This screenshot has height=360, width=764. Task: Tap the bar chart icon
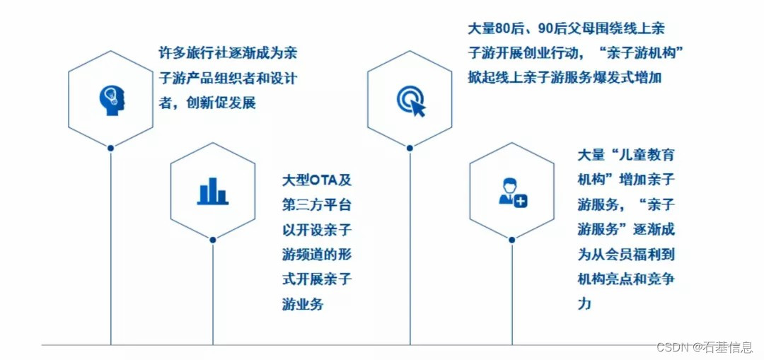212,190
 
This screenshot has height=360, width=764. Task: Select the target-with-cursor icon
411,100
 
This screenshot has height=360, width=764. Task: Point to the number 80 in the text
502,30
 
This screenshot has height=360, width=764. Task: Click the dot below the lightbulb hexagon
111,148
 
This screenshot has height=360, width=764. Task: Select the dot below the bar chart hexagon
212,240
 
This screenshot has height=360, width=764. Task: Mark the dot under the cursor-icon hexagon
410,148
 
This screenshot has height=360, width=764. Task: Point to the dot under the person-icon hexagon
512,240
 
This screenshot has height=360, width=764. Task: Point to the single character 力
584,304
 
